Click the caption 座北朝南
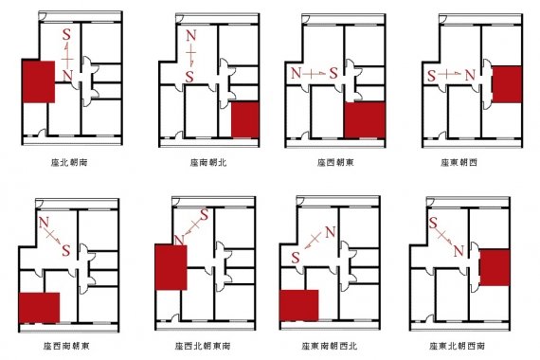(65, 162)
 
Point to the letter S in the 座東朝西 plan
(432, 73)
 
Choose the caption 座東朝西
(459, 162)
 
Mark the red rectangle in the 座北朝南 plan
(39, 81)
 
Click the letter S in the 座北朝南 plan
(65, 35)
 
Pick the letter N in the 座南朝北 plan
(189, 38)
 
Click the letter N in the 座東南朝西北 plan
(330, 233)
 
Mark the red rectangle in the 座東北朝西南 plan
(495, 269)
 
